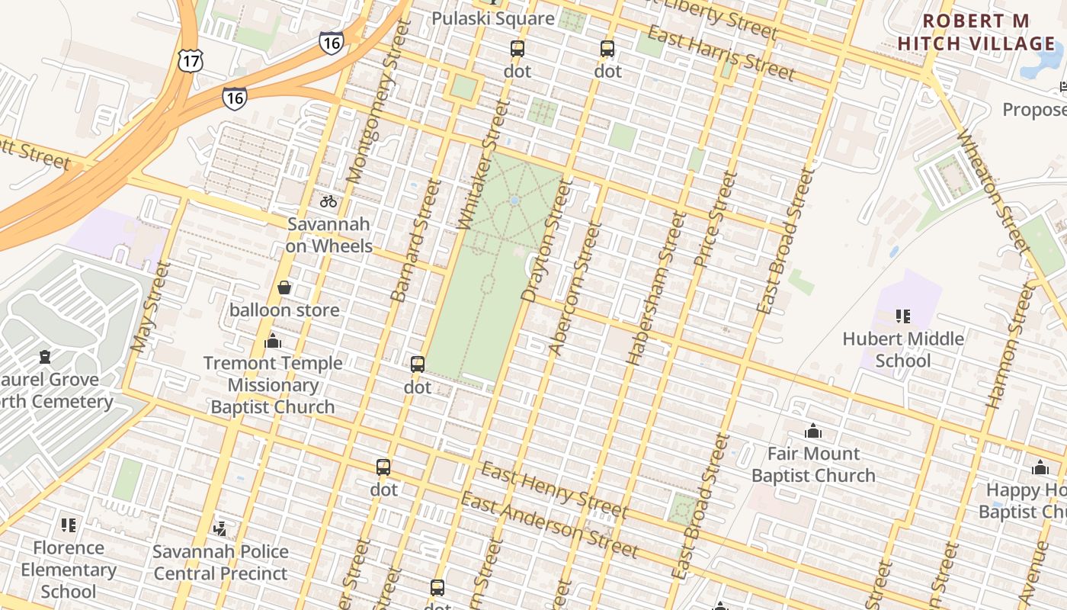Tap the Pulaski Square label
tap(493, 18)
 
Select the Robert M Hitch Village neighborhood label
tap(976, 32)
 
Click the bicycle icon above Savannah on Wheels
tap(328, 201)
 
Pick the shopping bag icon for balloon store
tap(284, 287)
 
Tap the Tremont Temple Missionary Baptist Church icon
tap(272, 341)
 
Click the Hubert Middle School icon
tap(903, 316)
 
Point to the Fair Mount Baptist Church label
tap(813, 464)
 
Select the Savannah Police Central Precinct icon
tap(220, 528)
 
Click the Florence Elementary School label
tap(68, 570)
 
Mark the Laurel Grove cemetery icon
tap(45, 357)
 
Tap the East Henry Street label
tap(554, 490)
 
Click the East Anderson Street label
tap(549, 525)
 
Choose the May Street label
tap(149, 307)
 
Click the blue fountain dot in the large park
tap(514, 201)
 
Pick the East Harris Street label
tap(721, 53)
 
